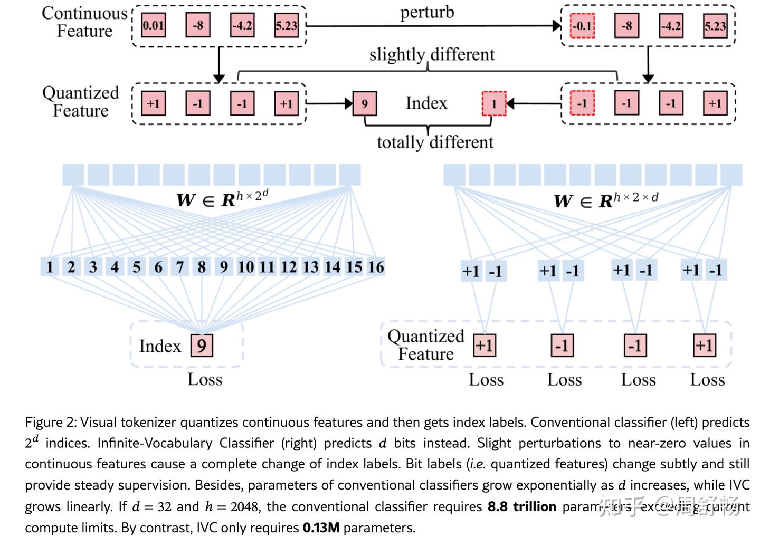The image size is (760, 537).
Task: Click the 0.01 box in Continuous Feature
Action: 154,25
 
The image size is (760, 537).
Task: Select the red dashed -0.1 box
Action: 582,26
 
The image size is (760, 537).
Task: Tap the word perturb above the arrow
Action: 427,12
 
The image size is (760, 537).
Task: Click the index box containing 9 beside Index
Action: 364,103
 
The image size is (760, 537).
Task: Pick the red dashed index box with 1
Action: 494,103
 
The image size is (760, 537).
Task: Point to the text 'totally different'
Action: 435,142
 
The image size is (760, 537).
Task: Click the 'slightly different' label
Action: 432,54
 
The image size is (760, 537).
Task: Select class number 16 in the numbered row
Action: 376,267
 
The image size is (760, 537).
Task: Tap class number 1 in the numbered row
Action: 50,267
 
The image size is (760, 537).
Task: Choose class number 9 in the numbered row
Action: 224,267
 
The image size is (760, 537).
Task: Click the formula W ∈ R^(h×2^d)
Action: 222,199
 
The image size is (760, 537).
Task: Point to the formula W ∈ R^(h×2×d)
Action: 606,200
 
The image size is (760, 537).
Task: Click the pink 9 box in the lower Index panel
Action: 202,346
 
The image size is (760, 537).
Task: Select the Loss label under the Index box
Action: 205,380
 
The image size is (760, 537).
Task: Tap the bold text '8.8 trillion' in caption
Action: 521,507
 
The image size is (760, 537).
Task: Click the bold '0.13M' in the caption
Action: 321,528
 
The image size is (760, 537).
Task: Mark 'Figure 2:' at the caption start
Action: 51,423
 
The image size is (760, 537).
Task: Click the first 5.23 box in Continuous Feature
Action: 286,25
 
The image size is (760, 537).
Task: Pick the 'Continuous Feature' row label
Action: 84,22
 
